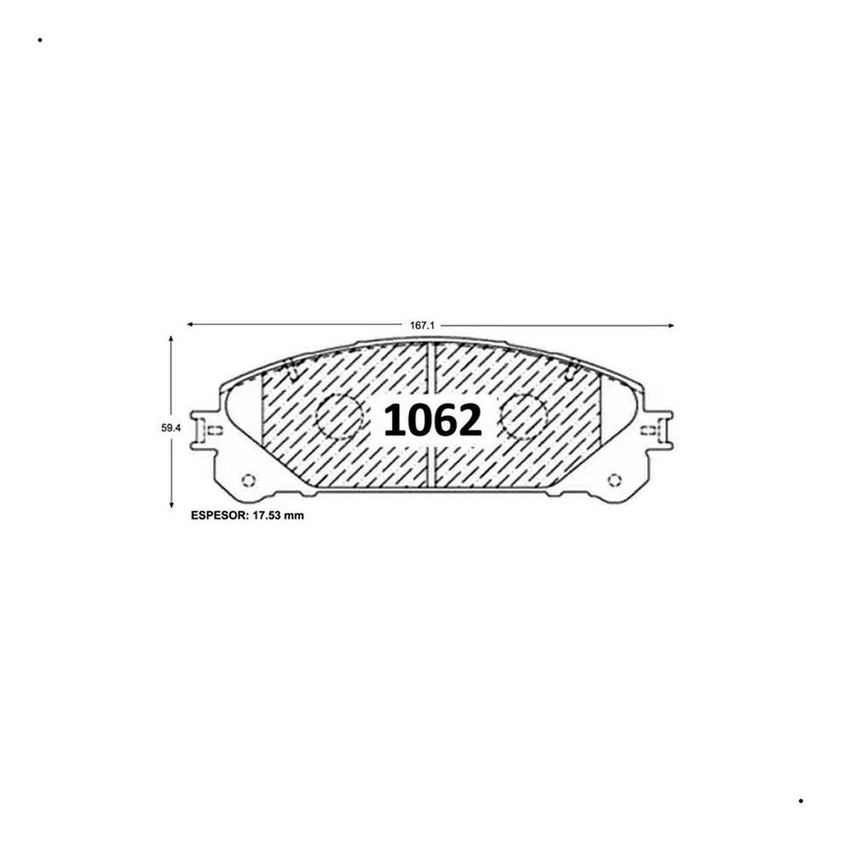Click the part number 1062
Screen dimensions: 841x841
click(x=432, y=420)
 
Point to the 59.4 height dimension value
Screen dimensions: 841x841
click(x=170, y=428)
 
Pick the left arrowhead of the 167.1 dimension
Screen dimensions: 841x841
click(x=191, y=324)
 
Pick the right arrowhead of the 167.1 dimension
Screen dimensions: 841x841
click(x=671, y=325)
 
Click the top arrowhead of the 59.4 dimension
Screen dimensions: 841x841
click(x=171, y=339)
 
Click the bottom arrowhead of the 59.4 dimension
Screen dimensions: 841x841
click(x=171, y=504)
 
